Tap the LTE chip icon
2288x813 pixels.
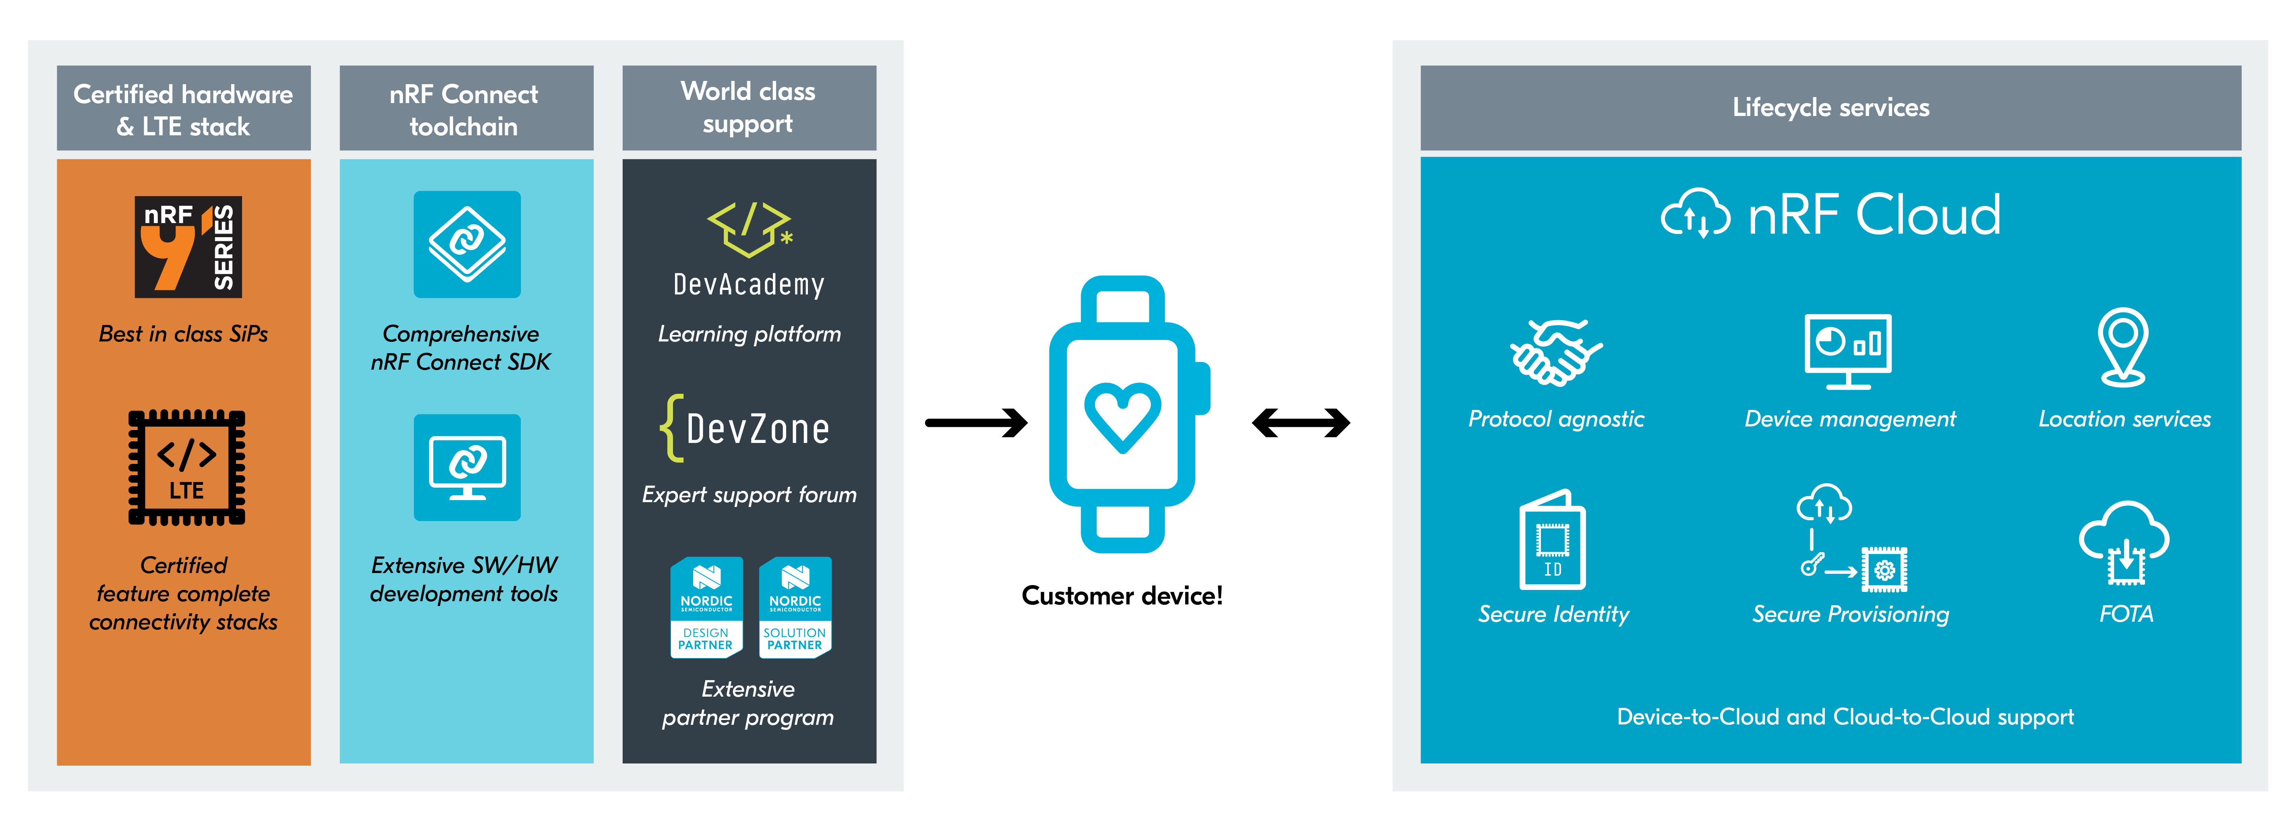click(x=186, y=468)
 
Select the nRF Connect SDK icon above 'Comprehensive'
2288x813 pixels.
click(x=467, y=244)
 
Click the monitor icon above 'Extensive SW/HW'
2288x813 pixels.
click(x=467, y=468)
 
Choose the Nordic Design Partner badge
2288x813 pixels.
click(x=706, y=608)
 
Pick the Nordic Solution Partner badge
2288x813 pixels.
click(x=795, y=608)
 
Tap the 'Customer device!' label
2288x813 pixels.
click(x=1122, y=595)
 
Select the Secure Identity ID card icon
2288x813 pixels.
click(x=1553, y=540)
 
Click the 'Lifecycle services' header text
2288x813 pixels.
click(x=1830, y=108)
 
